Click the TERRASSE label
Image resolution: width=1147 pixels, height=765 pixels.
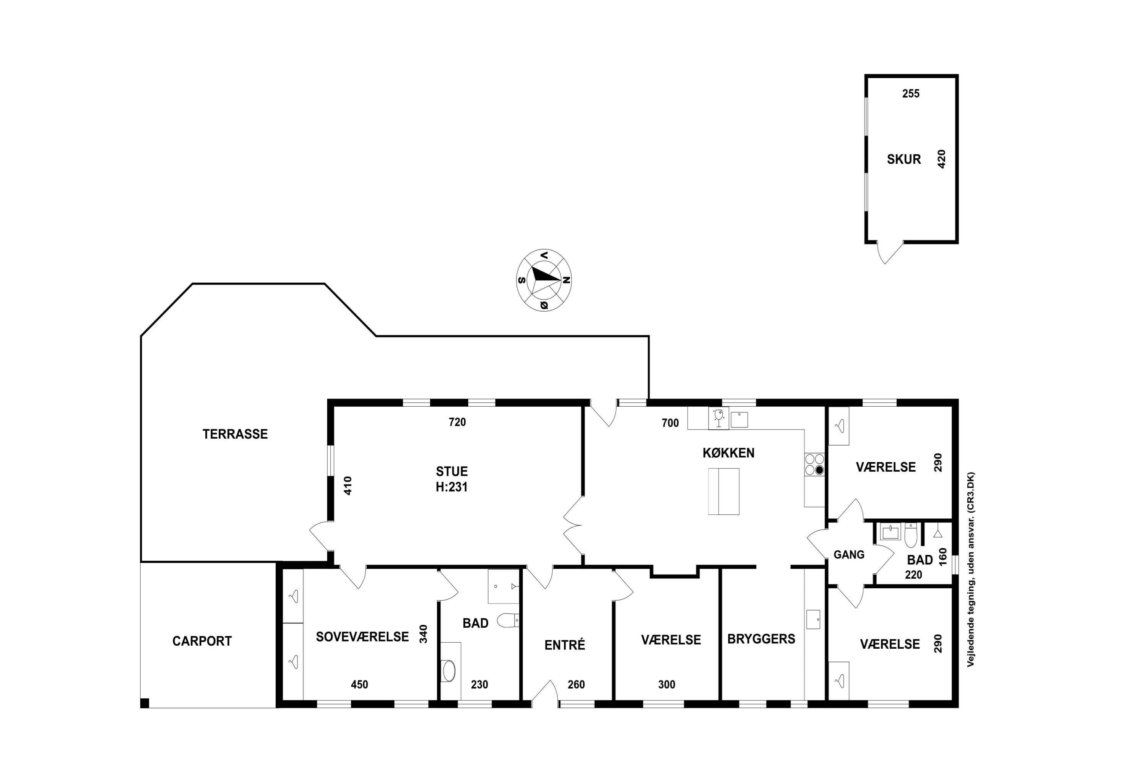(235, 434)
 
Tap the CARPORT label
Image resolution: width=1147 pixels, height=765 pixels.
(202, 641)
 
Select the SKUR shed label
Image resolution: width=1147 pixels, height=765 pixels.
(904, 159)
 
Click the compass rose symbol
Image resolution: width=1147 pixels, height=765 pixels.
(544, 280)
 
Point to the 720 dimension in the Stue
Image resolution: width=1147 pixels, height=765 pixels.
(457, 422)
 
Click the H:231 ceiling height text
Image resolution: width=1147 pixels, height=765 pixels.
(452, 487)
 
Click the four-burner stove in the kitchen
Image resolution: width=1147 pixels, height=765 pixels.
(814, 464)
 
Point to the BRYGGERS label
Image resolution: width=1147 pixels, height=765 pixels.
(761, 639)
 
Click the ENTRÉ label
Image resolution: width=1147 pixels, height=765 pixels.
(565, 645)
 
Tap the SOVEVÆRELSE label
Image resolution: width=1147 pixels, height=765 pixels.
(362, 637)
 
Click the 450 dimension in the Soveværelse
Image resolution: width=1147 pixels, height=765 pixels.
(359, 685)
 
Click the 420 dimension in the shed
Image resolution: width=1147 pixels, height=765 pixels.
(942, 159)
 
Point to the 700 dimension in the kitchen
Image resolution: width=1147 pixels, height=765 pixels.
(670, 423)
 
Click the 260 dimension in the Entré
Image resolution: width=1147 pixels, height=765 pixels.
(576, 685)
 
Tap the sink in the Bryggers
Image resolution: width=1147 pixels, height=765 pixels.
(813, 619)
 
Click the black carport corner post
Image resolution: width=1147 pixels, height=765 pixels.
(145, 703)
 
